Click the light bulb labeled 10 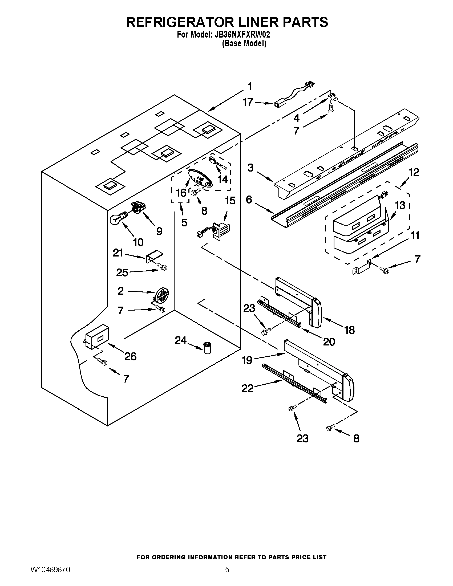click(x=117, y=218)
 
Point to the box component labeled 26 click(x=97, y=337)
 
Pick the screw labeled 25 click(x=162, y=267)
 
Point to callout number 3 click(x=250, y=168)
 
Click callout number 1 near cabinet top click(x=250, y=87)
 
